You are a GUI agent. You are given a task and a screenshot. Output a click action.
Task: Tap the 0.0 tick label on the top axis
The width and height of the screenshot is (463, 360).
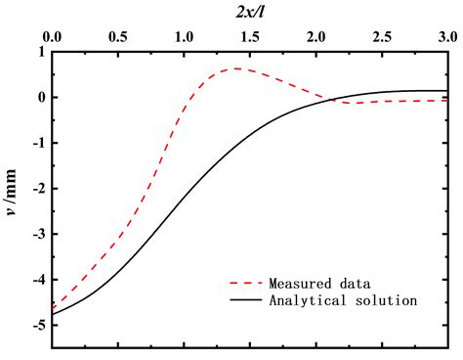tap(52, 37)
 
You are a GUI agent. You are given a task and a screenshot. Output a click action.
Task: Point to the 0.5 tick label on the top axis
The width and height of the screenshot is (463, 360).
tap(117, 37)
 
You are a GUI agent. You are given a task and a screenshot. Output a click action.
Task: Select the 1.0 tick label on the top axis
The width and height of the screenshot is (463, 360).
tap(184, 37)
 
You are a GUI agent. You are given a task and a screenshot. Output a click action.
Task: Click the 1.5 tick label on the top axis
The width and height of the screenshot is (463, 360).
tap(249, 37)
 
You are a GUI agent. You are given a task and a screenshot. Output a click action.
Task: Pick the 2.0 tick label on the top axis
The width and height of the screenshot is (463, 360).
tap(316, 37)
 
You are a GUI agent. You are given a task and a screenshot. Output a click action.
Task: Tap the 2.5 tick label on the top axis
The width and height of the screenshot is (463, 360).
tap(381, 37)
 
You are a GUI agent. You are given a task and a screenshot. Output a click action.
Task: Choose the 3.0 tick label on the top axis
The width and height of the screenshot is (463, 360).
tap(446, 37)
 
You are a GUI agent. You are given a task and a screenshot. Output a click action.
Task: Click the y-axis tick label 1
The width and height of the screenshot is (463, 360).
tap(40, 53)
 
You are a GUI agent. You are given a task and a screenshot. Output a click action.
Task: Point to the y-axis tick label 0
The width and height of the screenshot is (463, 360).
tap(40, 98)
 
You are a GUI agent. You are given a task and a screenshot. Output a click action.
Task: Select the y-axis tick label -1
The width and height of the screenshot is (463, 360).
tap(37, 143)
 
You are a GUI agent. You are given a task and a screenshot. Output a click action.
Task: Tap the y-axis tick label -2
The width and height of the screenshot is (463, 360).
tap(37, 189)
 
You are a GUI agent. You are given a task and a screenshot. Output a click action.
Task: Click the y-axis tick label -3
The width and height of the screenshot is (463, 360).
tap(37, 234)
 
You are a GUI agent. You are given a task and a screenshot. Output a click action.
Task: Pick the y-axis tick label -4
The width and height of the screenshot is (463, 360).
tap(37, 279)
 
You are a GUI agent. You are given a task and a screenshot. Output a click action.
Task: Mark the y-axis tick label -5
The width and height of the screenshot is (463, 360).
tap(37, 325)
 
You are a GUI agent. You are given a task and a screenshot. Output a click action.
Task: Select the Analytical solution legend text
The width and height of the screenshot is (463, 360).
tap(344, 300)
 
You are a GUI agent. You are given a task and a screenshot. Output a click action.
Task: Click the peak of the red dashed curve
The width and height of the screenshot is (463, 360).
tap(235, 68)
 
